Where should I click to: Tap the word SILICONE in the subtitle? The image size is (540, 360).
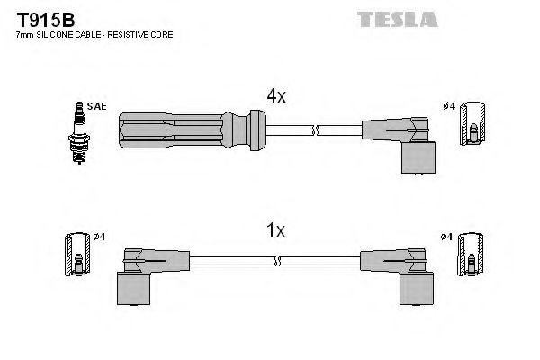[54, 34]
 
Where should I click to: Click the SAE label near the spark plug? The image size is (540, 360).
[97, 106]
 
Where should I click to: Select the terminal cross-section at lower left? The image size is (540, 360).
[77, 256]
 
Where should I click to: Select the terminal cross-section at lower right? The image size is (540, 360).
[470, 256]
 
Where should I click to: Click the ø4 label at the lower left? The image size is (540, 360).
[99, 237]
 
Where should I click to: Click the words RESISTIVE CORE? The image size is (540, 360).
[143, 34]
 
